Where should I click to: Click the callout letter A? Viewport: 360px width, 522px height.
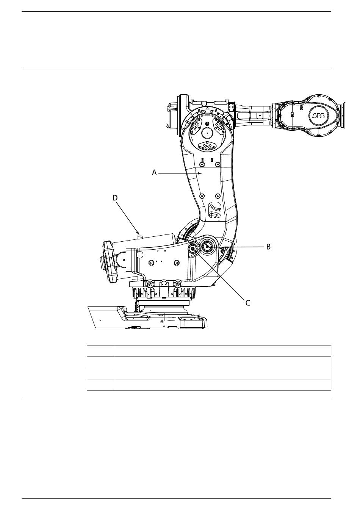[154, 173]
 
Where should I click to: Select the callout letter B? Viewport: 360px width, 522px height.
[268, 247]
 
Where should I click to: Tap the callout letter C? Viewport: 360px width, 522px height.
[247, 303]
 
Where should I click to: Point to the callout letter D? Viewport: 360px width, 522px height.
[115, 198]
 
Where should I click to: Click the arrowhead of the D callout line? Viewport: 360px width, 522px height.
[138, 233]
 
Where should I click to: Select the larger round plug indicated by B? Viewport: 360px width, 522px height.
[207, 246]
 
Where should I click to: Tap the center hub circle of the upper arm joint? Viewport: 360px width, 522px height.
[207, 133]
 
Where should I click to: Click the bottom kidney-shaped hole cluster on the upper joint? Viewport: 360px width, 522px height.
[208, 146]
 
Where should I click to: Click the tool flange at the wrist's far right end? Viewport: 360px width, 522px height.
[343, 116]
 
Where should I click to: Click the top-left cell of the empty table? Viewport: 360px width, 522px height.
[101, 351]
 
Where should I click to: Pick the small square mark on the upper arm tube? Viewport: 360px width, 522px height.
[260, 116]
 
